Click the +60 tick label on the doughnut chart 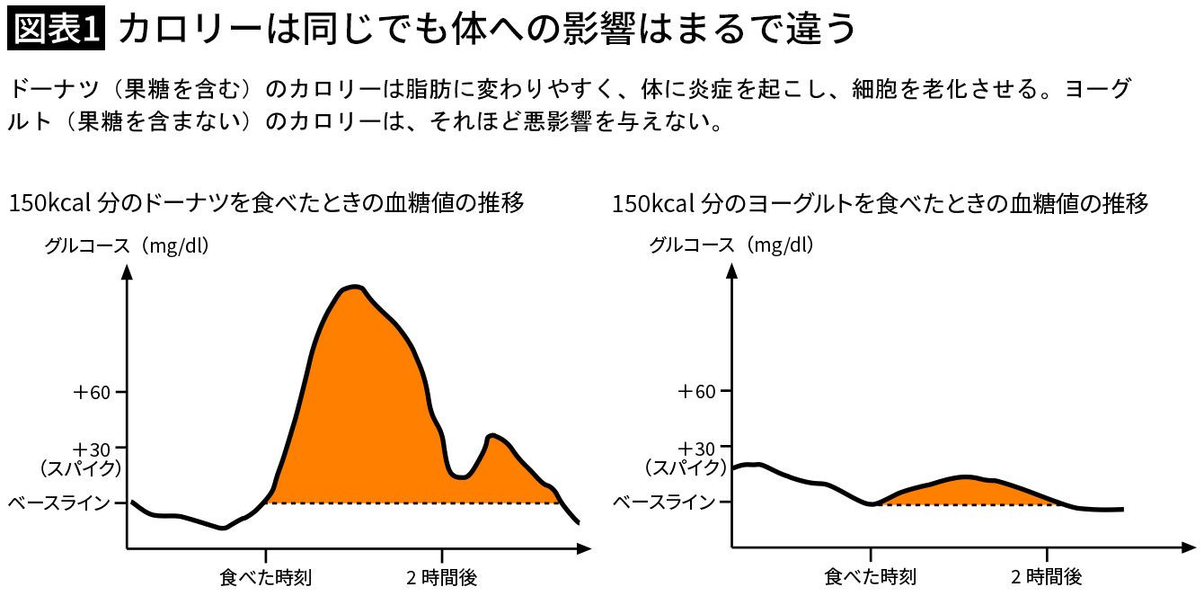pos(93,392)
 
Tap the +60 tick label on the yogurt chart pos(697,392)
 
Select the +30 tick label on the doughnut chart pos(93,449)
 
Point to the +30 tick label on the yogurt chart pos(697,449)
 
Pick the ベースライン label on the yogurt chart pos(664,503)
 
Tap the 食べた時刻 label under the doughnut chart pos(266,576)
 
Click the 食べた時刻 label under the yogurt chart pos(871,576)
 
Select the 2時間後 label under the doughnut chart pos(441,576)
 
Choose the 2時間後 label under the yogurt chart pos(1046,576)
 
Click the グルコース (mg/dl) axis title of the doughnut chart pos(127,245)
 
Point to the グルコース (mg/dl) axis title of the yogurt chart pos(731,245)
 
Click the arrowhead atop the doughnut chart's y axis pos(127,270)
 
